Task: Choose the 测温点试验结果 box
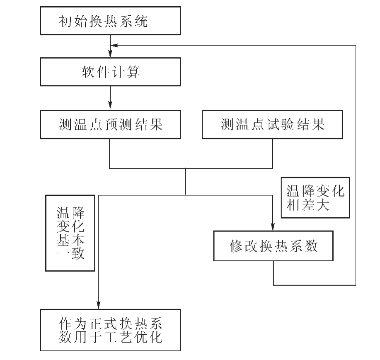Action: (x=272, y=124)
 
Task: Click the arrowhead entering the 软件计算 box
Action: (x=110, y=54)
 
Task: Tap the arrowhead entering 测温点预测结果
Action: (x=110, y=105)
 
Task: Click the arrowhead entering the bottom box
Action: (x=98, y=304)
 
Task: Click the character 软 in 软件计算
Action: (x=86, y=73)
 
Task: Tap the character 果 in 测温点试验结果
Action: (x=317, y=124)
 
